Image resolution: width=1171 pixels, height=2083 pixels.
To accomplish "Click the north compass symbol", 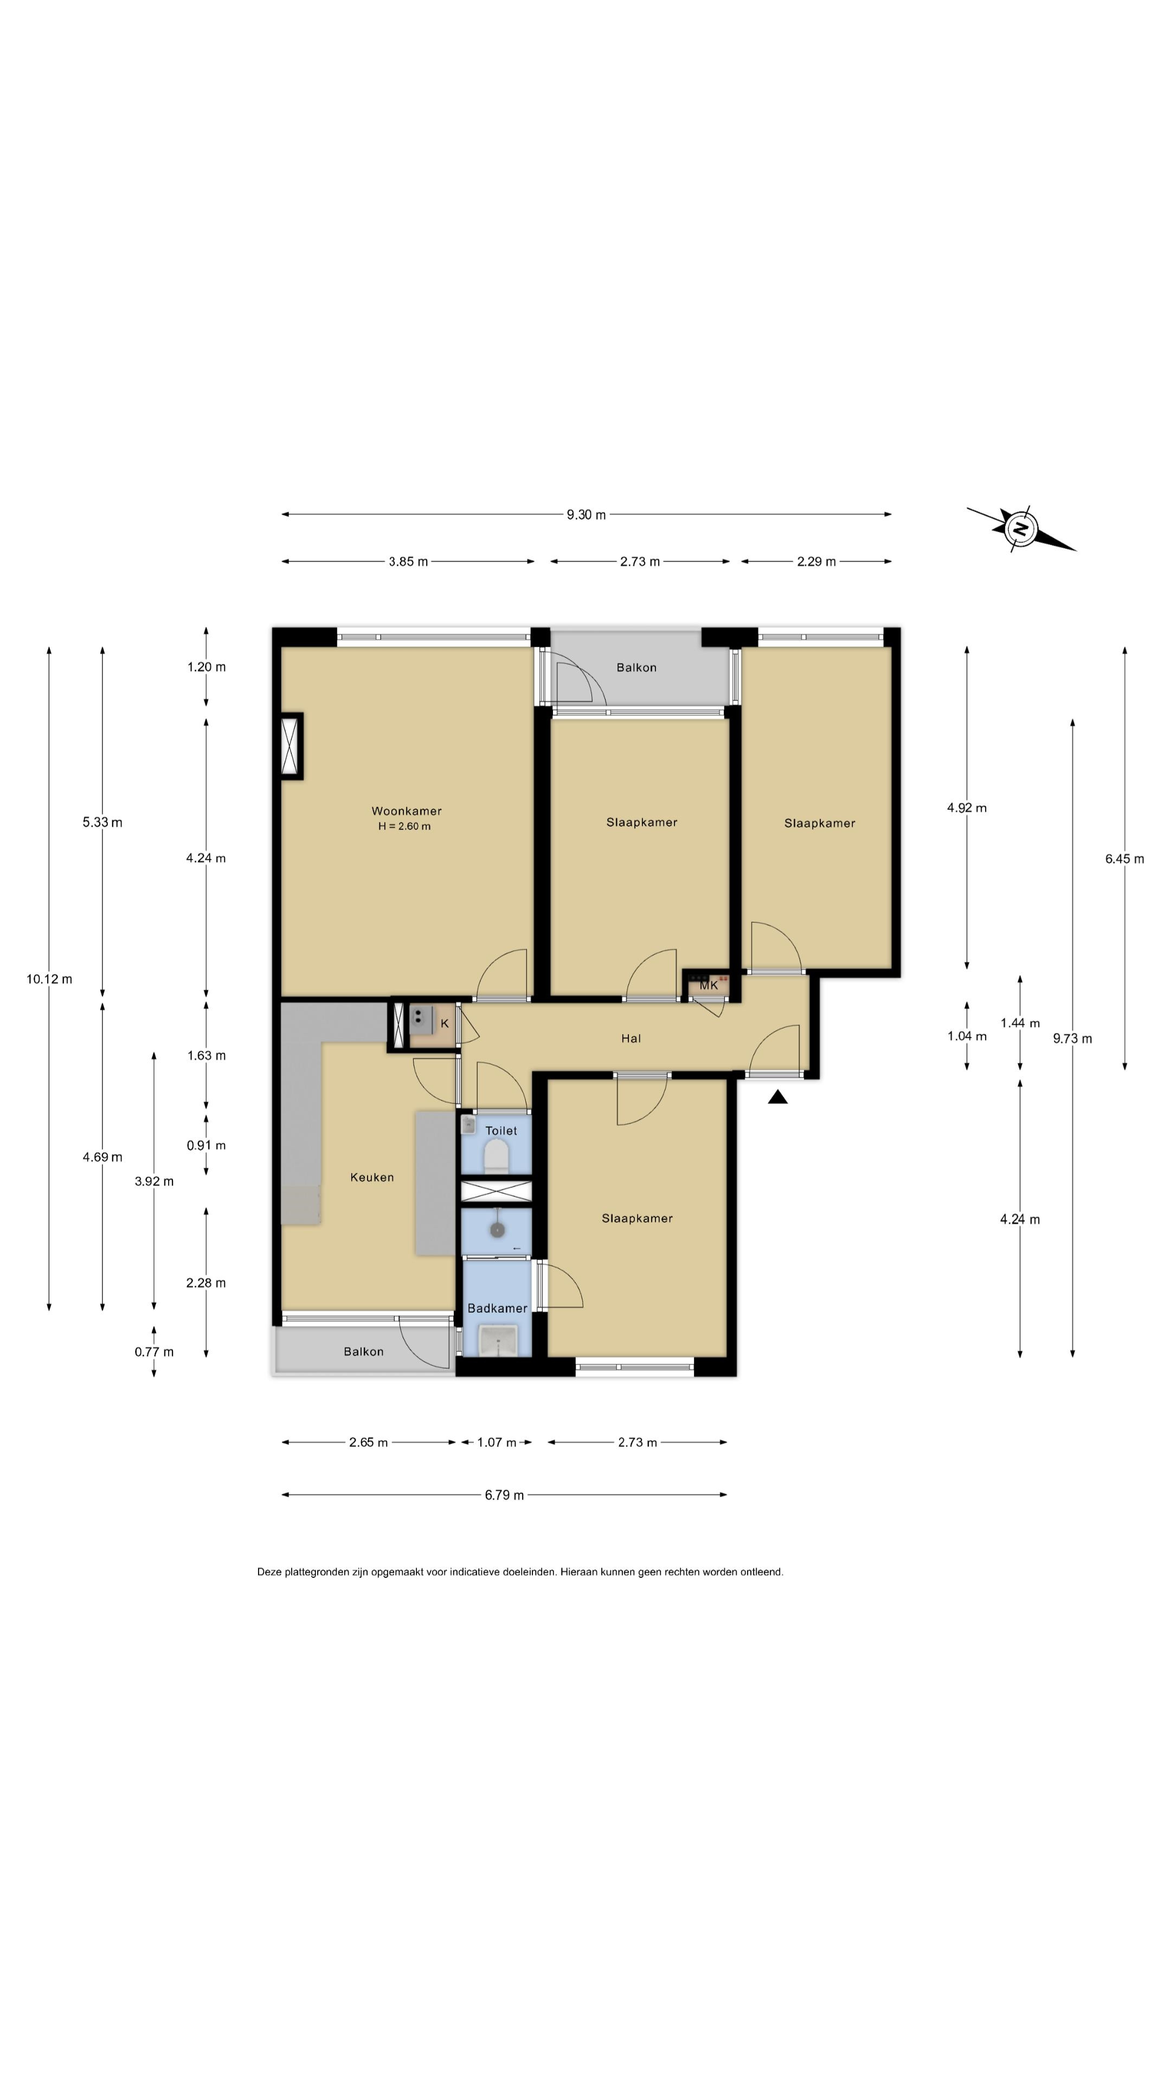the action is pos(1020,529).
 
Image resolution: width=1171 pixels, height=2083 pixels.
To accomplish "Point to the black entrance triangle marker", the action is pos(777,1097).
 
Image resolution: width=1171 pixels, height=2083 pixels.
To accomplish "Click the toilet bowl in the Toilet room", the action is pos(496,1157).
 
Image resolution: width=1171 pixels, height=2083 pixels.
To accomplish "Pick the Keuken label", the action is pos(372,1177).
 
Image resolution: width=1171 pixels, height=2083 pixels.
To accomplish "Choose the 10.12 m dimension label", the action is pos(49,979).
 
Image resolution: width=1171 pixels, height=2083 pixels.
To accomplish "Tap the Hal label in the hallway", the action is pos(631,1038).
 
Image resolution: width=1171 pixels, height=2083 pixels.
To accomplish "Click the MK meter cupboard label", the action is pos(709,985).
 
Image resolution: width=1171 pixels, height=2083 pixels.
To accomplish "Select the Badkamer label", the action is pos(497,1308).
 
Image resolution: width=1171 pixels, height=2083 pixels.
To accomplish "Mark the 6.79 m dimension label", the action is pos(504,1495).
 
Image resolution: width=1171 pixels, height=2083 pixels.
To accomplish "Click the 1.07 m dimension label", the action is pos(496,1442).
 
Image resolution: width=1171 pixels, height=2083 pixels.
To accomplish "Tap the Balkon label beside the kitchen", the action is pos(364,1351).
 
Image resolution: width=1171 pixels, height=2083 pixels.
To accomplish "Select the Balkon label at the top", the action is pos(636,667).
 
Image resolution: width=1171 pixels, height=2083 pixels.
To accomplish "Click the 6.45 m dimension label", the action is pos(1125,859).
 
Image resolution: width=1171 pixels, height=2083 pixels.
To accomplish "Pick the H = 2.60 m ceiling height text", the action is pos(404,826).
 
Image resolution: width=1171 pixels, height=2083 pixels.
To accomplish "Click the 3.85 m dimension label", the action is pos(408,562).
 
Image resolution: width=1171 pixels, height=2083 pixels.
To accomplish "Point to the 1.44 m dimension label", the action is pos(1020,1023).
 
